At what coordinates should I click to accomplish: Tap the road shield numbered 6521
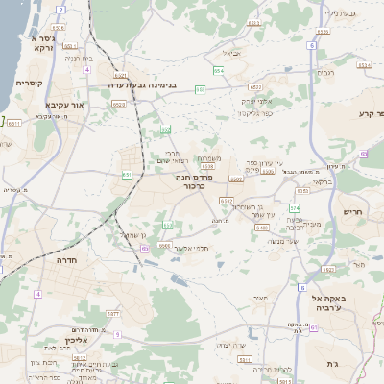click(x=120, y=74)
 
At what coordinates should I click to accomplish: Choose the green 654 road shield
click(x=219, y=71)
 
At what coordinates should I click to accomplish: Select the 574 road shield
click(x=295, y=207)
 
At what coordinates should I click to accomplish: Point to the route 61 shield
click(x=313, y=327)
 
